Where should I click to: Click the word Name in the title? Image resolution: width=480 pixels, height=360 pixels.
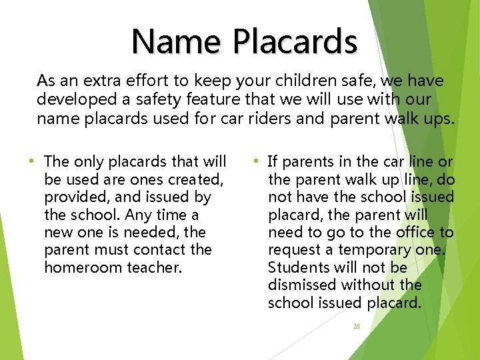pyautogui.click(x=176, y=41)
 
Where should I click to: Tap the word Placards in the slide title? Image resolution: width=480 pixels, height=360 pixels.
pyautogui.click(x=295, y=41)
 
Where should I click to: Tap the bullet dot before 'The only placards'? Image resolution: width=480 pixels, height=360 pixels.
pyautogui.click(x=31, y=161)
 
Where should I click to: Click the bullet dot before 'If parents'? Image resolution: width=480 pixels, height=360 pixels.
pyautogui.click(x=255, y=161)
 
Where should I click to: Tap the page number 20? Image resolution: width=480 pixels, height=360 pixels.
pyautogui.click(x=356, y=327)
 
